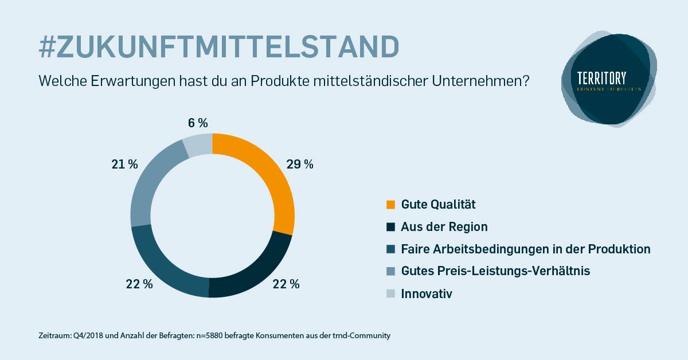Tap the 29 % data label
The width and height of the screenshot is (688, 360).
[299, 165]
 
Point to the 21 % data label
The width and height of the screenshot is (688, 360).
[124, 165]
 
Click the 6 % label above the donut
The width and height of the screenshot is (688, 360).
[197, 123]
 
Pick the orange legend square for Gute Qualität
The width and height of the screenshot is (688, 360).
[391, 205]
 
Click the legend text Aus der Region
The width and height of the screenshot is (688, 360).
[444, 226]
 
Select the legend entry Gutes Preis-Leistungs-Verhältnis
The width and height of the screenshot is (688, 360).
[495, 271]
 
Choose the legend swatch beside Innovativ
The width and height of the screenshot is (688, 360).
[391, 294]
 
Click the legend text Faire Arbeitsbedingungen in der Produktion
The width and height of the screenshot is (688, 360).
[526, 249]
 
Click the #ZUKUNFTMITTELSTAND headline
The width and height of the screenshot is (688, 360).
[218, 47]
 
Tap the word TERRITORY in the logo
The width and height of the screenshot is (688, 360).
[602, 78]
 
